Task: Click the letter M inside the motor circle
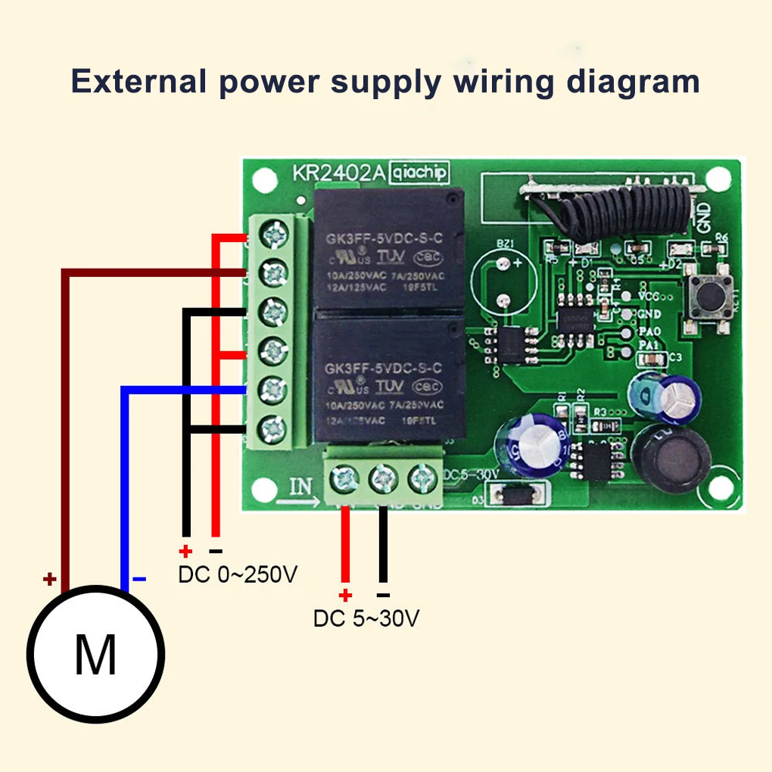[x=95, y=655]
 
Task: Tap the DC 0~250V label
[x=238, y=575]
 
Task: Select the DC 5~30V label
[x=366, y=618]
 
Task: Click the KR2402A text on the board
[x=338, y=173]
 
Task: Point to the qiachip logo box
[x=419, y=173]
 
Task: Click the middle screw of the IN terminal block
[x=383, y=478]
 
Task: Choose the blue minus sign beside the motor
[x=139, y=580]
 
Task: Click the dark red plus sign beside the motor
[x=49, y=580]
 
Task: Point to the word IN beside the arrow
[x=301, y=485]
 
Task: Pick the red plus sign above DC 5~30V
[x=346, y=595]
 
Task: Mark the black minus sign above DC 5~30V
[x=383, y=595]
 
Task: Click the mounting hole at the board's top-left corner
[x=263, y=180]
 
